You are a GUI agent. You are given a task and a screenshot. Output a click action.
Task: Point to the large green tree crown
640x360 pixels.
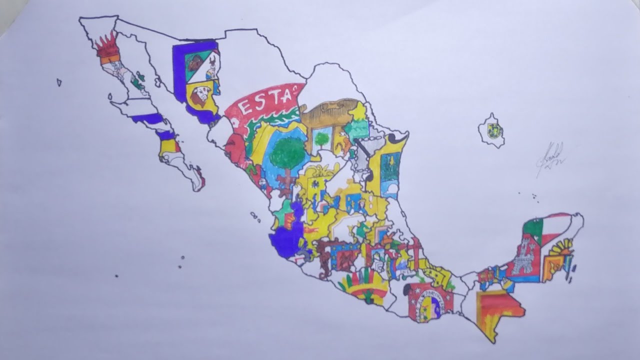[287, 153]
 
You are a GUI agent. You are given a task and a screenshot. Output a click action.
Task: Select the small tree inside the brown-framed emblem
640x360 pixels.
[321, 138]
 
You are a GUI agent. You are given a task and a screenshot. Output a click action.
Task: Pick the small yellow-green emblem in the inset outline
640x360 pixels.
[494, 130]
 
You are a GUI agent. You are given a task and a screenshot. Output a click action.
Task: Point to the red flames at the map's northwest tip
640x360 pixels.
[106, 44]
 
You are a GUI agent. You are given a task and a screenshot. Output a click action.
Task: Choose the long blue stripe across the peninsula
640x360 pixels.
[147, 118]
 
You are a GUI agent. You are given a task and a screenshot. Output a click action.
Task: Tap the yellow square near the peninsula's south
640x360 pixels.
[168, 146]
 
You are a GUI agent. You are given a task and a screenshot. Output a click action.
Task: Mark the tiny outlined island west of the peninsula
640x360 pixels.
[59, 82]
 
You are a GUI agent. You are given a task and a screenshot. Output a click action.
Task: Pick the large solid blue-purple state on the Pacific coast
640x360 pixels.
[285, 239]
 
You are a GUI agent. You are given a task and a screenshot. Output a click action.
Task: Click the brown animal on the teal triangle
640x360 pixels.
[194, 63]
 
